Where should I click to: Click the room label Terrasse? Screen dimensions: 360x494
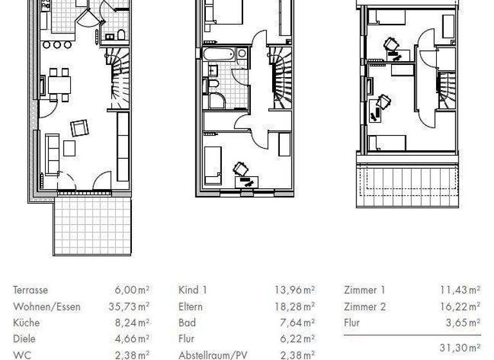click(30, 291)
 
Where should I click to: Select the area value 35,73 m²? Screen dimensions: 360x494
click(129, 307)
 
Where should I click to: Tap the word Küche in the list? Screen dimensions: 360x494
click(26, 323)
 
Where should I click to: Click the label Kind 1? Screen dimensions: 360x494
click(193, 291)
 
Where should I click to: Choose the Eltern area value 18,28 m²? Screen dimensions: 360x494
click(295, 307)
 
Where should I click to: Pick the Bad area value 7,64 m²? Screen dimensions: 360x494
click(297, 323)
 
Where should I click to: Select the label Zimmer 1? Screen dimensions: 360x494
click(365, 291)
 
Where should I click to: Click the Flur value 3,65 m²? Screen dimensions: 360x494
click(463, 323)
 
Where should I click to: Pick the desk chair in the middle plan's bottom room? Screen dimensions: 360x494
click(241, 168)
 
